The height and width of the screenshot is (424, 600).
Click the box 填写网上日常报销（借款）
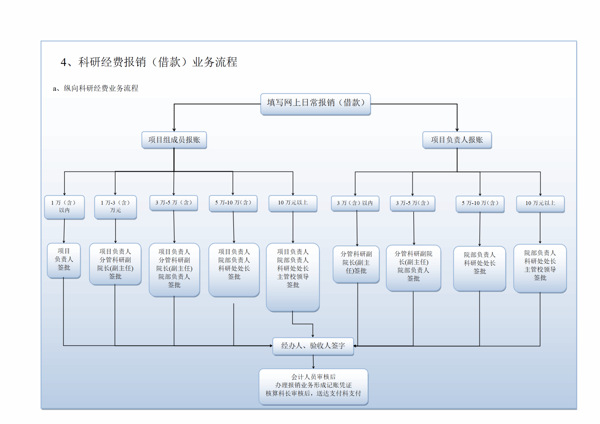(x=315, y=104)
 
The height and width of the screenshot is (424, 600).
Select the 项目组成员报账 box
(x=174, y=140)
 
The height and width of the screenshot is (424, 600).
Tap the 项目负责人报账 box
(x=457, y=140)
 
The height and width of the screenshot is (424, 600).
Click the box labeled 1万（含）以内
(x=64, y=207)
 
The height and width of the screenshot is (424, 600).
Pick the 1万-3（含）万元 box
(x=115, y=207)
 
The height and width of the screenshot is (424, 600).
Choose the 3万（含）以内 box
(x=355, y=203)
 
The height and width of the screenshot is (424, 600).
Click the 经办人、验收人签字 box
(x=313, y=346)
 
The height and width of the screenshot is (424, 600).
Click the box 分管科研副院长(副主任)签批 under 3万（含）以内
(x=356, y=264)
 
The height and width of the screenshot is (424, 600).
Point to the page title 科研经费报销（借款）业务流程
(x=149, y=62)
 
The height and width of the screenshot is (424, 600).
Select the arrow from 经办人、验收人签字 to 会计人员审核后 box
(x=313, y=362)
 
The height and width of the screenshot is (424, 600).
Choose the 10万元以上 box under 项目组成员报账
(x=293, y=203)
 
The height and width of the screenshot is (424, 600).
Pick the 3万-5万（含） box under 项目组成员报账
(x=174, y=203)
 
